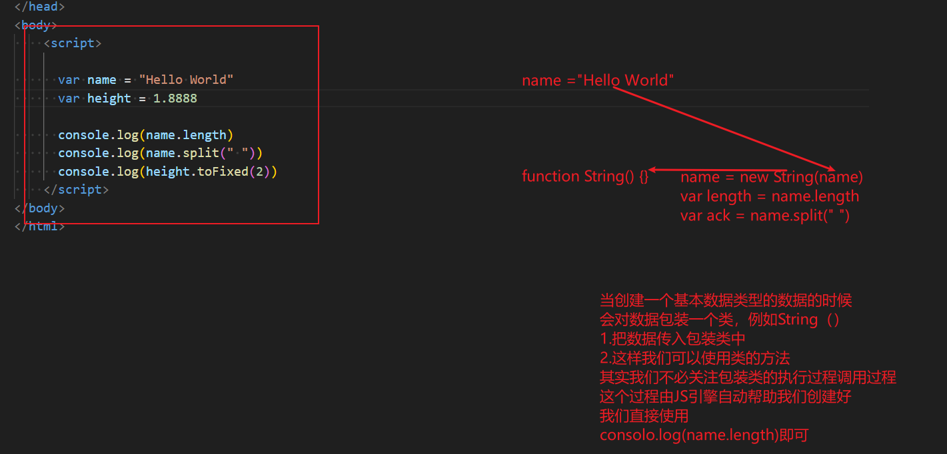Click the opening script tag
point(73,43)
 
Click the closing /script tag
point(76,190)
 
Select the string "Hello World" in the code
point(186,80)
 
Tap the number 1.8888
point(175,99)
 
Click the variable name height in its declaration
point(109,99)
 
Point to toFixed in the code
point(224,172)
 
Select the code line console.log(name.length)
point(145,135)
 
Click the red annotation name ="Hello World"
point(598,81)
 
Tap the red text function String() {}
point(584,176)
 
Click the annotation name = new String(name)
point(771,178)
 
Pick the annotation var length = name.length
point(769,196)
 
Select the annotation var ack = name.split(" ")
point(764,216)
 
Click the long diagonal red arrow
point(723,128)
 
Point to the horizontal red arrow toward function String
point(718,170)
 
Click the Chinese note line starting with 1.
point(672,339)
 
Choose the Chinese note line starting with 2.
point(694,358)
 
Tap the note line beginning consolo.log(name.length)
point(704,436)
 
